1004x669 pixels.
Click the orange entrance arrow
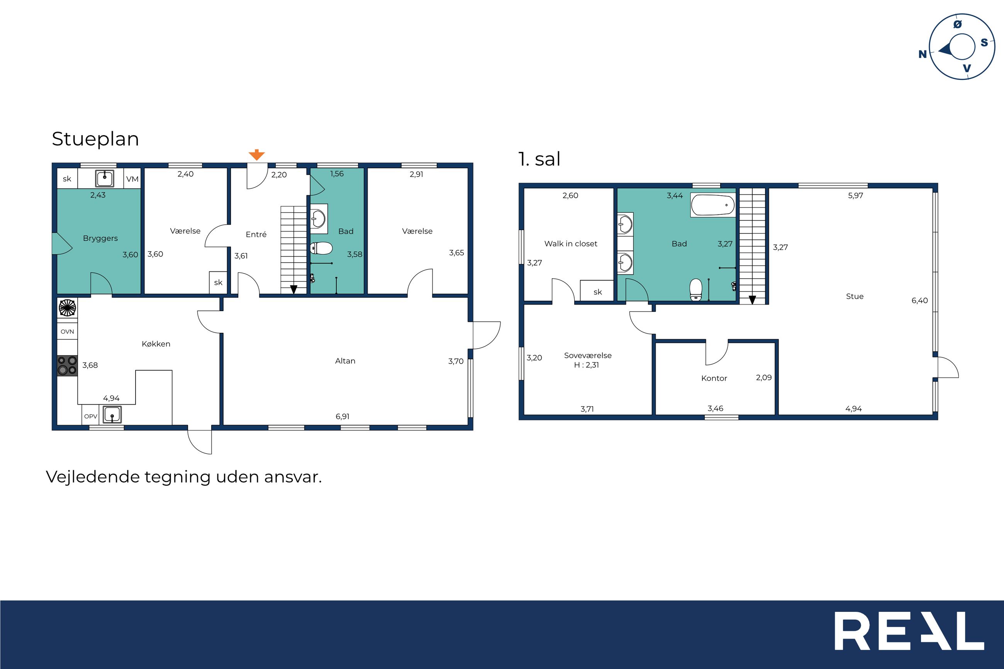click(x=256, y=155)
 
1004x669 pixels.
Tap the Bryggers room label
click(x=100, y=238)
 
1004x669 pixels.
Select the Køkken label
click(x=156, y=344)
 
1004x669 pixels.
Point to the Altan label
click(x=345, y=361)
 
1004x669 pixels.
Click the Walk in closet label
click(x=570, y=244)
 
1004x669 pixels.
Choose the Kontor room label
click(x=714, y=378)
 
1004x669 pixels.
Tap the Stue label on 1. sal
click(x=855, y=296)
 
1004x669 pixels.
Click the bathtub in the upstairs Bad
click(x=713, y=205)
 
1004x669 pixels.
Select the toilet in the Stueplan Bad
click(x=321, y=248)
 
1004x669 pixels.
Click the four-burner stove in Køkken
click(x=68, y=366)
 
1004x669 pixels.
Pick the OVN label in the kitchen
click(x=68, y=332)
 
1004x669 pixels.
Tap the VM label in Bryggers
click(x=132, y=179)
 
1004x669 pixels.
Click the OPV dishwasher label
click(x=90, y=417)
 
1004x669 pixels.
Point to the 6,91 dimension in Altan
click(x=342, y=417)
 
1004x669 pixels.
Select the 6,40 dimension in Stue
click(x=919, y=300)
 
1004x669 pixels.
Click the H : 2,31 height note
click(x=586, y=365)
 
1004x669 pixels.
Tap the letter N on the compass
click(x=922, y=54)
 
